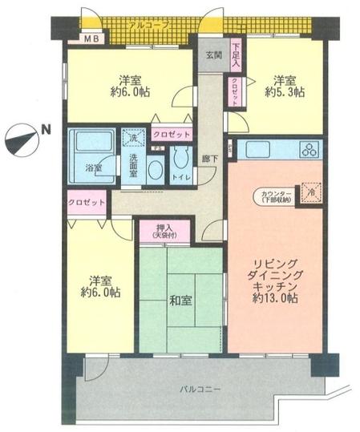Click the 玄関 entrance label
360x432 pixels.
coord(213,55)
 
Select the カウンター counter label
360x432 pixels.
coord(275,196)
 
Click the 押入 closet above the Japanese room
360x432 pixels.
coord(165,232)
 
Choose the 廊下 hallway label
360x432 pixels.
coord(209,158)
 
